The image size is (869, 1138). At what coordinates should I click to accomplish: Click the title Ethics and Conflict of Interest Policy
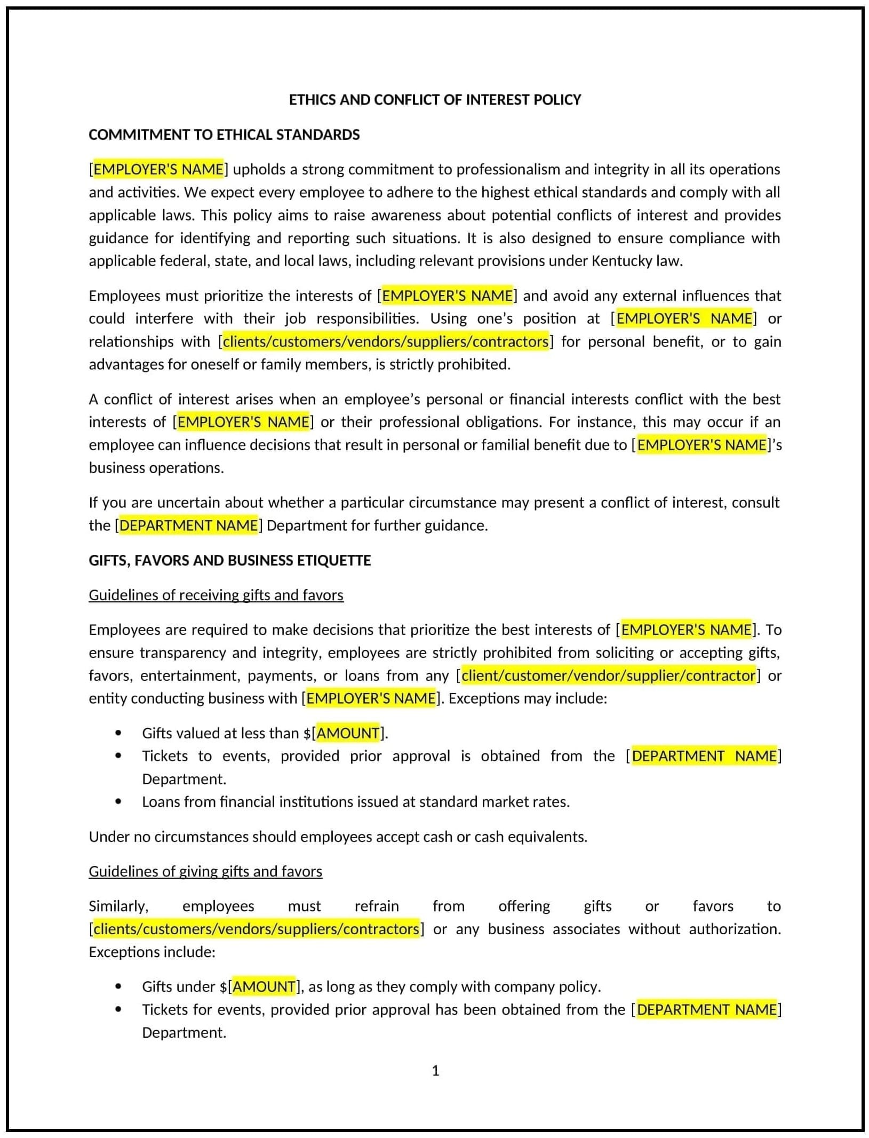434,100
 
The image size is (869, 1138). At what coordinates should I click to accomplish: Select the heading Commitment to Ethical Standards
224,134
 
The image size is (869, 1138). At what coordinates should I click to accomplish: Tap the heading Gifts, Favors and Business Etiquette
229,560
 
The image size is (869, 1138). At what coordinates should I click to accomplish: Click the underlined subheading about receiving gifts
216,595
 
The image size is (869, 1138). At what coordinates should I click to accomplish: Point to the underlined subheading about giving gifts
205,871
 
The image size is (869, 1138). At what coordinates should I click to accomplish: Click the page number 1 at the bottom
435,1070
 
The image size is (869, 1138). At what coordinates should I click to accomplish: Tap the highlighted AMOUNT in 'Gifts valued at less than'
348,733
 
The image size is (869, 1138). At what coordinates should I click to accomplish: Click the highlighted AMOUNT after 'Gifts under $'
264,986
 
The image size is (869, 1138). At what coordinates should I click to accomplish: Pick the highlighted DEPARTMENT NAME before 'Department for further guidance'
188,526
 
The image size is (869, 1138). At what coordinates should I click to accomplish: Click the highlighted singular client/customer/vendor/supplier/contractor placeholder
608,675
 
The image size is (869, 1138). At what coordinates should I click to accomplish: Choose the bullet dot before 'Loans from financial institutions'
118,802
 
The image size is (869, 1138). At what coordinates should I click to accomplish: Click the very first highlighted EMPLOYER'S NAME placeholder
158,169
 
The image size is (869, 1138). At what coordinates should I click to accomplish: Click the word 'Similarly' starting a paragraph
118,906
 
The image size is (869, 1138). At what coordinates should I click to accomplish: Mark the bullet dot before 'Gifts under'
118,986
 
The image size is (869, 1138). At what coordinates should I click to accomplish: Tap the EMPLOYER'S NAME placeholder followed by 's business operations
701,445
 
